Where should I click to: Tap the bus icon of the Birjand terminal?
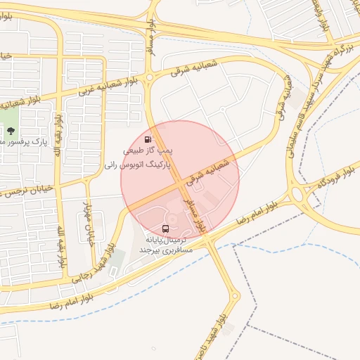tap(165, 229)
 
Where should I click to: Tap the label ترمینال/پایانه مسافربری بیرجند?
tap(165, 245)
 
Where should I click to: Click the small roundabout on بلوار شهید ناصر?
tap(235, 296)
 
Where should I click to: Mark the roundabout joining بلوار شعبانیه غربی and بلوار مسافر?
tap(149, 77)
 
